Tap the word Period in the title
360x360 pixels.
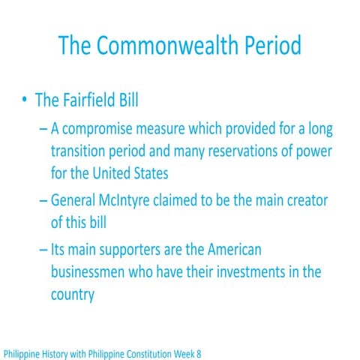click(265, 46)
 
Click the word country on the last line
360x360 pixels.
click(73, 294)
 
